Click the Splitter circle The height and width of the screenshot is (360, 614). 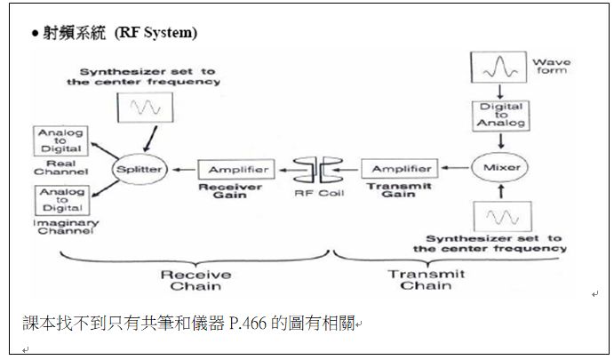point(137,168)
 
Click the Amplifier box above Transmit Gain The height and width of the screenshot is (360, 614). point(400,168)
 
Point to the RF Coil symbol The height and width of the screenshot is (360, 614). point(316,167)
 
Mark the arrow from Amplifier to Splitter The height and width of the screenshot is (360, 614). point(184,168)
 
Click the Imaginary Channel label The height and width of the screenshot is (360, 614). point(61,228)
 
